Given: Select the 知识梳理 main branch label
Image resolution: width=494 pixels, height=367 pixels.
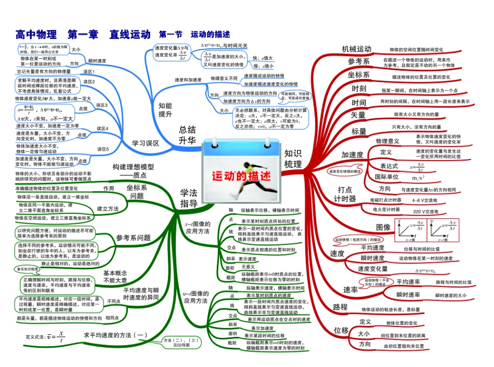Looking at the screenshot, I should click(x=293, y=159).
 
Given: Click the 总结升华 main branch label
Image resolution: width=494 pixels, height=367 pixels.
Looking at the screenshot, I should click(x=187, y=135).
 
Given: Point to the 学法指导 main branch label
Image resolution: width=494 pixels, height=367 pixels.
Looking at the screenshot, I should click(x=188, y=199).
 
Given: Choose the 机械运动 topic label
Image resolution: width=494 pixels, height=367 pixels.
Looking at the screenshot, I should click(x=356, y=49).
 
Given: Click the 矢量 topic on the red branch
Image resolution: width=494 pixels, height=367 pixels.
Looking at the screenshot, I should click(x=358, y=114).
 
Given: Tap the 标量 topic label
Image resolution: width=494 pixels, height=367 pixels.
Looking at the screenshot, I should click(x=359, y=131).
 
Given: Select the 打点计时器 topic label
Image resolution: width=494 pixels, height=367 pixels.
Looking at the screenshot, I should click(x=345, y=194).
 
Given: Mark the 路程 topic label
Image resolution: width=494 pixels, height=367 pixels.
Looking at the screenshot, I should click(x=340, y=307).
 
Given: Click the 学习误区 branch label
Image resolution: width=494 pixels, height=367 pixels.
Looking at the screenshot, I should click(x=145, y=143).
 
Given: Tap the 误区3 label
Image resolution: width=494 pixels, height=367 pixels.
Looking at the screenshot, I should click(x=102, y=105).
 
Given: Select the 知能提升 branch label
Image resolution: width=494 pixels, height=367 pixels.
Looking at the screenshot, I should click(x=165, y=110).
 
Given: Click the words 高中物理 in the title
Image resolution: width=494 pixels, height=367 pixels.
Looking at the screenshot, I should click(x=36, y=35).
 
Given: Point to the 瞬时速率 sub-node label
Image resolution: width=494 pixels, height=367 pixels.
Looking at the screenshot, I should click(x=408, y=295).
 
